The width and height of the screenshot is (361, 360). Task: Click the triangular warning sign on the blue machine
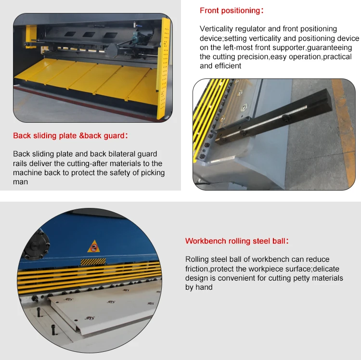(94, 246)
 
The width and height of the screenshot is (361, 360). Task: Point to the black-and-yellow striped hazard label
(93, 262)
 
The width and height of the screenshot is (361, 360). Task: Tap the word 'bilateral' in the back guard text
(122, 154)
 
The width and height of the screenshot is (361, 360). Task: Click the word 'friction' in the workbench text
(196, 269)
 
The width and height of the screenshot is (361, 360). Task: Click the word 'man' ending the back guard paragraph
(21, 182)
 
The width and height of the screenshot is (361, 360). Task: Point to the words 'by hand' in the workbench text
(199, 287)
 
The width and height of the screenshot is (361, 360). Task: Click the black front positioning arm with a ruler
(274, 117)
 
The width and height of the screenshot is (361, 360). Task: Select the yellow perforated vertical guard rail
(165, 69)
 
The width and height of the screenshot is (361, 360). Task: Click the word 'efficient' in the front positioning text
(228, 66)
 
